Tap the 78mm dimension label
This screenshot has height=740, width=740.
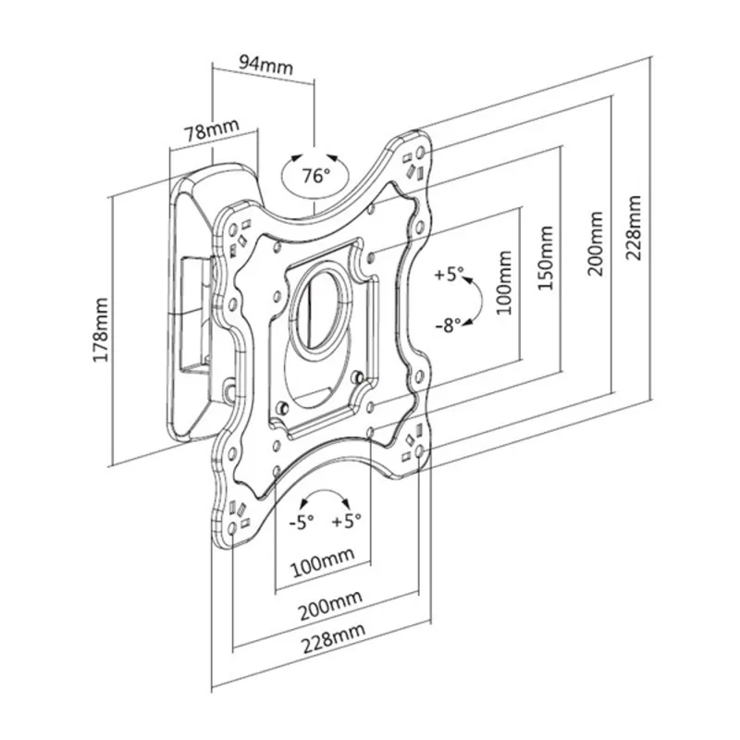pyautogui.click(x=212, y=129)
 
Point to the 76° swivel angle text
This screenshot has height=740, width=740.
pyautogui.click(x=316, y=176)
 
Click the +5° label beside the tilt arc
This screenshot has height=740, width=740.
pyautogui.click(x=450, y=274)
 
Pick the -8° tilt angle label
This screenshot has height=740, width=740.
pyautogui.click(x=449, y=325)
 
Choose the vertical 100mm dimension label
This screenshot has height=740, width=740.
pyautogui.click(x=504, y=283)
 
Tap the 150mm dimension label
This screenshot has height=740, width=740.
pyautogui.click(x=546, y=258)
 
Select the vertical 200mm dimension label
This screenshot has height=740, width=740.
pyautogui.click(x=595, y=243)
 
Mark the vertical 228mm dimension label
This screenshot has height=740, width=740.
pyautogui.click(x=634, y=228)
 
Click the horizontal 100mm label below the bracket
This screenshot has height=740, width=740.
pyautogui.click(x=322, y=562)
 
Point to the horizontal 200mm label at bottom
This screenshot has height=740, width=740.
pyautogui.click(x=331, y=605)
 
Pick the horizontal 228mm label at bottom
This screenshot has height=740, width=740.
pyautogui.click(x=333, y=637)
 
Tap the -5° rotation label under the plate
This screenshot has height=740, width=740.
pyautogui.click(x=302, y=522)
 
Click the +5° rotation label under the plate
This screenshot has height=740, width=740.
pyautogui.click(x=347, y=521)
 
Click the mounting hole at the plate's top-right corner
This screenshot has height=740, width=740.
pyautogui.click(x=421, y=153)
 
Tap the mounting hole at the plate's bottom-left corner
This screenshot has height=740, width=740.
pyautogui.click(x=232, y=528)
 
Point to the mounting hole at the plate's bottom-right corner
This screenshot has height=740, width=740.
pyautogui.click(x=419, y=451)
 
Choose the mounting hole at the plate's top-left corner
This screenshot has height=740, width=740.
pyautogui.click(x=233, y=230)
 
